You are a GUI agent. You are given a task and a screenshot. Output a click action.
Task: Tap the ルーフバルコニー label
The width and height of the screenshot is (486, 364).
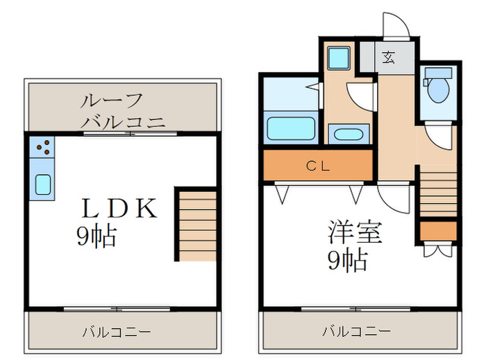click(123, 111)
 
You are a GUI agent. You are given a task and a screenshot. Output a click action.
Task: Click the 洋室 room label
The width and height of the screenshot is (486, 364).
click(355, 232)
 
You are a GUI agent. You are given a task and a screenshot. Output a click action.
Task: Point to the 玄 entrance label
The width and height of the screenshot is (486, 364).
click(389, 58)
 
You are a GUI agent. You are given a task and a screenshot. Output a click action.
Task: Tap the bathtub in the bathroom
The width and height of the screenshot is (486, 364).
click(291, 128)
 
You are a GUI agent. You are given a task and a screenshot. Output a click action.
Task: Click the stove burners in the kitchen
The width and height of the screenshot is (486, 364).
click(42, 147)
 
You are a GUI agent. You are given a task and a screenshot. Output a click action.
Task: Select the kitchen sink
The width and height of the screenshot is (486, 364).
click(42, 184)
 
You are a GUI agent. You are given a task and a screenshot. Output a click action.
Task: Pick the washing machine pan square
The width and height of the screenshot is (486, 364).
click(340, 57)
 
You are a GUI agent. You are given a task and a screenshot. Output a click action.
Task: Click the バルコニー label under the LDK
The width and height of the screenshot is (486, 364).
click(117, 332)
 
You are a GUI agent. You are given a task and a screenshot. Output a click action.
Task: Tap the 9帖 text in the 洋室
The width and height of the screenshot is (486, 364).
click(347, 261)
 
